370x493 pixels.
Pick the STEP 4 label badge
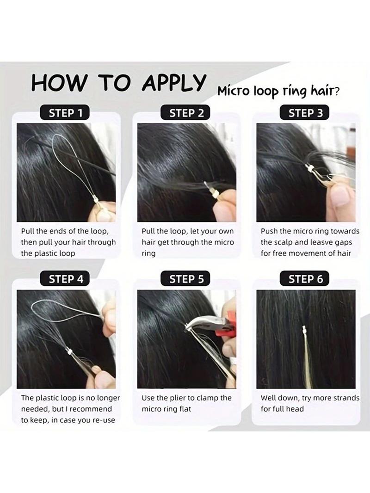tap(66, 279)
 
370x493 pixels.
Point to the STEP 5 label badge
tap(186, 279)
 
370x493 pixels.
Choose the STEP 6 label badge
tap(306, 279)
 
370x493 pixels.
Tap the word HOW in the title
tap(59, 83)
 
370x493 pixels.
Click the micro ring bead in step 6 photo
tap(304, 330)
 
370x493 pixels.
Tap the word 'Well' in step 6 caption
tap(269, 398)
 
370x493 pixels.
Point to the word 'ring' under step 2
tap(148, 253)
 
